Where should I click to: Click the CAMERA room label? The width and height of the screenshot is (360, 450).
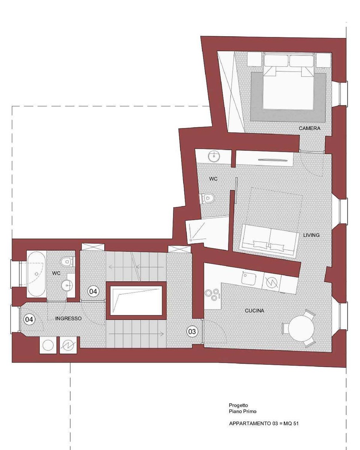coord(309,128)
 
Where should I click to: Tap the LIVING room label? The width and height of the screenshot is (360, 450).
coord(311,235)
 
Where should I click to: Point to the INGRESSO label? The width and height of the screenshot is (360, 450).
coord(68,318)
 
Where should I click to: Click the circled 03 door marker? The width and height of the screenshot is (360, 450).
coord(192,331)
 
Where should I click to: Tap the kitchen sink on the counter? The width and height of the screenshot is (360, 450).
coord(249,278)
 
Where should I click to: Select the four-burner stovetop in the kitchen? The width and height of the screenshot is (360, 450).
coord(212,295)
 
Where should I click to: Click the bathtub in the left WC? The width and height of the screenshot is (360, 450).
coord(36,274)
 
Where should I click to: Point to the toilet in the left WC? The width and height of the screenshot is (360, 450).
coord(67,261)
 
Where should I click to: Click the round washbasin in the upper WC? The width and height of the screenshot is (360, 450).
coord(214,156)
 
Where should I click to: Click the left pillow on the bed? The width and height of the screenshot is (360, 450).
coord(276,61)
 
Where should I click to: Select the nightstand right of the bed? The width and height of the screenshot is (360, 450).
coord(323,60)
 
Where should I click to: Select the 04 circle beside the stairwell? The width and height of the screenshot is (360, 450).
coord(93,291)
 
